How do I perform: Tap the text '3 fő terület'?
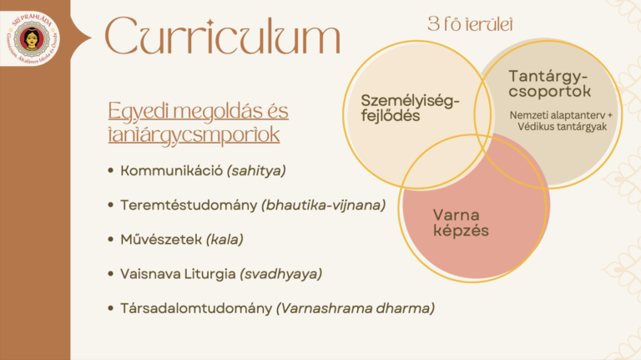(470, 24)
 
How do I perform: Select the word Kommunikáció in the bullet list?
(172, 170)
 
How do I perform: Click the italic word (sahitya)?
(256, 170)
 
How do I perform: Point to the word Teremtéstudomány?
(189, 205)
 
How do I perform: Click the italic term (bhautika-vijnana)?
(323, 205)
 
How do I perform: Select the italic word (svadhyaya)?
(280, 273)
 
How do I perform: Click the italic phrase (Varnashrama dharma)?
(356, 307)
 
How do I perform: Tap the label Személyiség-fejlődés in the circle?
(410, 109)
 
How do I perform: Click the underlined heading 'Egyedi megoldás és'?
(199, 110)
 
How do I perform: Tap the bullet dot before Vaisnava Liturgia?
(111, 274)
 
